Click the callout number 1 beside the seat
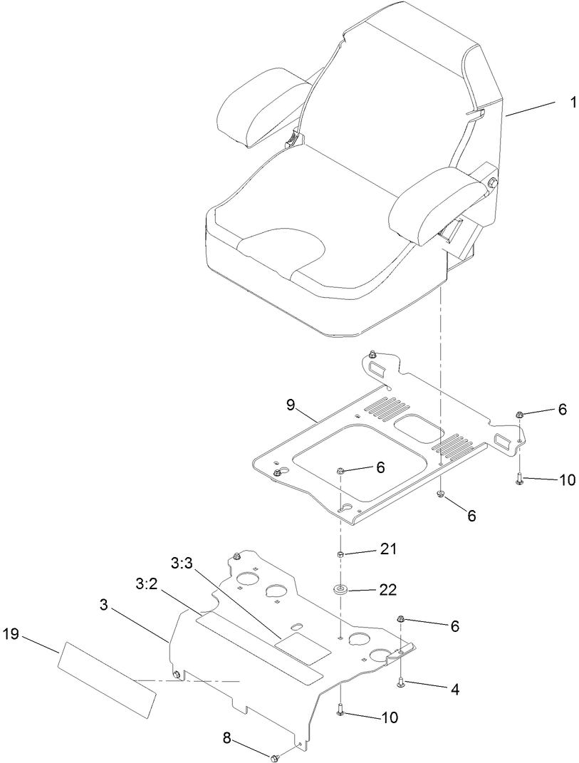click(x=572, y=102)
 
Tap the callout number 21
click(x=387, y=550)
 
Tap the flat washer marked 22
click(x=340, y=589)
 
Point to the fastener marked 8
click(x=275, y=756)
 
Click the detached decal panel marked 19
click(x=107, y=679)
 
